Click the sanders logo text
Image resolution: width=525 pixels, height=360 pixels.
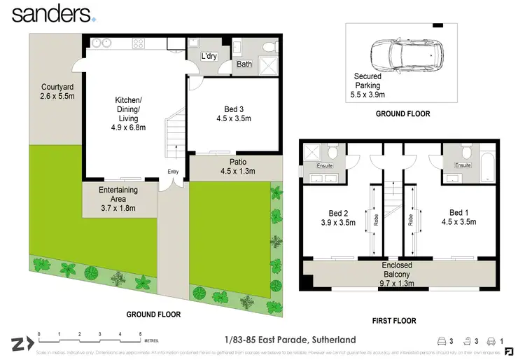pyautogui.click(x=50, y=13)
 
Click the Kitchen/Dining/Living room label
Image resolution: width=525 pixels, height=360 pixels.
pyautogui.click(x=128, y=114)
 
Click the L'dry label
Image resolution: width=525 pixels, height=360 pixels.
pyautogui.click(x=209, y=55)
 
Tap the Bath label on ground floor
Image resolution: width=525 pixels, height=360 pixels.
pyautogui.click(x=244, y=64)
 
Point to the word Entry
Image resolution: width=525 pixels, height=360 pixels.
pyautogui.click(x=173, y=172)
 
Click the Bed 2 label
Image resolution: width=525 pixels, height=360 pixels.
pyautogui.click(x=338, y=218)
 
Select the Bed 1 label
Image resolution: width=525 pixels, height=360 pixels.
pyautogui.click(x=458, y=217)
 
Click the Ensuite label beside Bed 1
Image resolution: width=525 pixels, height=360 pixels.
pyautogui.click(x=463, y=165)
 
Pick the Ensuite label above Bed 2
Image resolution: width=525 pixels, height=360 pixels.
pyautogui.click(x=325, y=166)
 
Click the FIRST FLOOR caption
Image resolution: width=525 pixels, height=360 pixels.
pyautogui.click(x=394, y=321)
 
